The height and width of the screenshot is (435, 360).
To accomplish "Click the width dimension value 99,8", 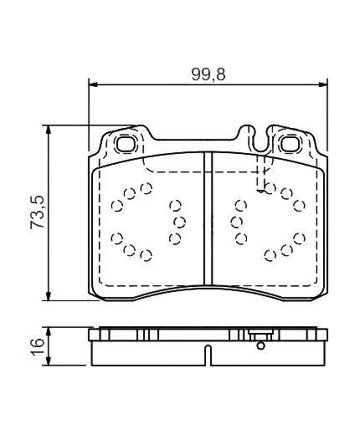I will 207,74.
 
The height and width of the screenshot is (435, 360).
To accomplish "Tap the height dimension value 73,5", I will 38,213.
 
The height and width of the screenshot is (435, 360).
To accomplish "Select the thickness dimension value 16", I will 38,346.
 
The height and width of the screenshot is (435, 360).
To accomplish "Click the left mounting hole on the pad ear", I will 127,143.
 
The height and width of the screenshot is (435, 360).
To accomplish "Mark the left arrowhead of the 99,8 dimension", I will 95,84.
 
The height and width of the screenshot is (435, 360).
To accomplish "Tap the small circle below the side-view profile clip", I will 260,345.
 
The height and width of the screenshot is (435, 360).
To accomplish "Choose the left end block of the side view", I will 99,336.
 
